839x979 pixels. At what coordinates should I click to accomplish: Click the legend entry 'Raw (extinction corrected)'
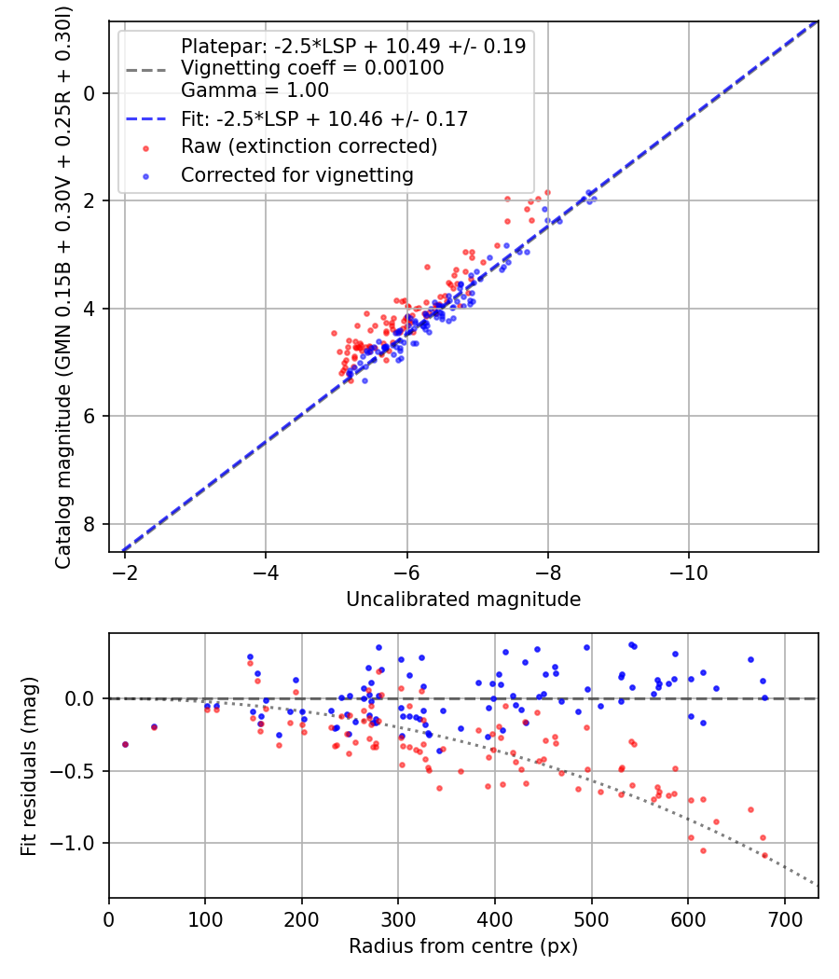(x=309, y=147)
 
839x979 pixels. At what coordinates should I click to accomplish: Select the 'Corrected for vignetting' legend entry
(x=296, y=174)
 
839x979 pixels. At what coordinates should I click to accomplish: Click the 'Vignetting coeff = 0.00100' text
(x=312, y=68)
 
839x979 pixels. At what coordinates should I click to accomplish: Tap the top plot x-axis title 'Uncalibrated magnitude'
(x=463, y=600)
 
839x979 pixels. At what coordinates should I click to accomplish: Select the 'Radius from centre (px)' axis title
(x=463, y=946)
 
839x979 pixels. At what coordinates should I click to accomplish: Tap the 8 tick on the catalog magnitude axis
(x=91, y=524)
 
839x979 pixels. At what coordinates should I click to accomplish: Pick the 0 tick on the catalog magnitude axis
(x=91, y=93)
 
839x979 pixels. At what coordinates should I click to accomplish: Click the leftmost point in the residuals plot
(x=125, y=744)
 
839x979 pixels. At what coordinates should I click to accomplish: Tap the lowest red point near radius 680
(x=764, y=855)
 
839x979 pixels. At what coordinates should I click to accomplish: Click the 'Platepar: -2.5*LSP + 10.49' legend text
(x=353, y=46)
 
